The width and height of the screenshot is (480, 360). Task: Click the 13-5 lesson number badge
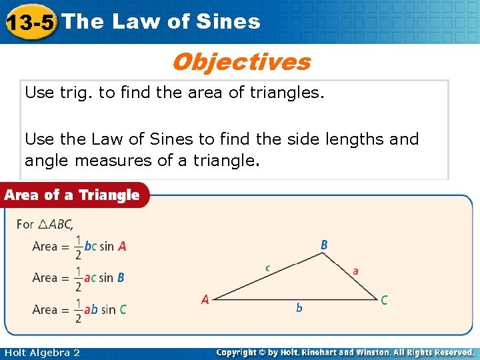pyautogui.click(x=29, y=23)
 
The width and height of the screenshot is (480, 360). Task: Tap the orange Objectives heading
pyautogui.click(x=241, y=62)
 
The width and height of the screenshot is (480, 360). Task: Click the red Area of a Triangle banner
pyautogui.click(x=73, y=195)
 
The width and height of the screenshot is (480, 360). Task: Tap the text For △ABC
pyautogui.click(x=45, y=224)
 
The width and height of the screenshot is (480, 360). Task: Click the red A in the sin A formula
pyautogui.click(x=122, y=246)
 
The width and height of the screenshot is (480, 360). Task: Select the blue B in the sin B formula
pyautogui.click(x=121, y=277)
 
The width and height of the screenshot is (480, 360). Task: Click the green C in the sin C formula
pyautogui.click(x=123, y=309)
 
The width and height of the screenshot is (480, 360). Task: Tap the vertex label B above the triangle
pyautogui.click(x=324, y=245)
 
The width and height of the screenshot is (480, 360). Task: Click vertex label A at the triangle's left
pyautogui.click(x=205, y=300)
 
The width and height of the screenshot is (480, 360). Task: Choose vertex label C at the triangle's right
pyautogui.click(x=384, y=301)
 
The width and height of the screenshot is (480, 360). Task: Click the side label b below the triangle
pyautogui.click(x=299, y=308)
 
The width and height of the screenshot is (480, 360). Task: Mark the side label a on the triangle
pyautogui.click(x=355, y=271)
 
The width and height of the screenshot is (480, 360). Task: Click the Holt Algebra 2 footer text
pyautogui.click(x=42, y=353)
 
